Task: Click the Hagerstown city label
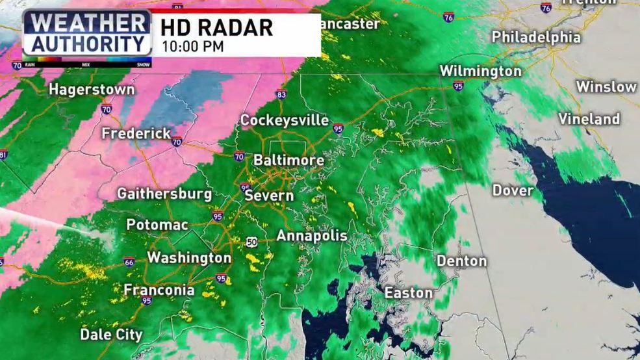(x=92, y=90)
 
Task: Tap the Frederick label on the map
(x=136, y=133)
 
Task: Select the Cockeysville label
(x=284, y=120)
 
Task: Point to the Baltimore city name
(x=288, y=160)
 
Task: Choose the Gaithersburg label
(x=164, y=194)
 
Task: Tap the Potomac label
(x=157, y=225)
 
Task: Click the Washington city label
(x=189, y=258)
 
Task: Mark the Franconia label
(x=159, y=290)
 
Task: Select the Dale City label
(x=111, y=335)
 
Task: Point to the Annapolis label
(x=312, y=236)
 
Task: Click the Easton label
(x=409, y=293)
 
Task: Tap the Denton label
(x=461, y=261)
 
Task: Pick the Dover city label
(x=513, y=190)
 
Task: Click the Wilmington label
(x=480, y=71)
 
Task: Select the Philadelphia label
(x=536, y=37)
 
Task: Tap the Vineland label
(x=589, y=119)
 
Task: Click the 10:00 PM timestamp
(x=193, y=46)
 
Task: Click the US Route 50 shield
(x=251, y=242)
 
